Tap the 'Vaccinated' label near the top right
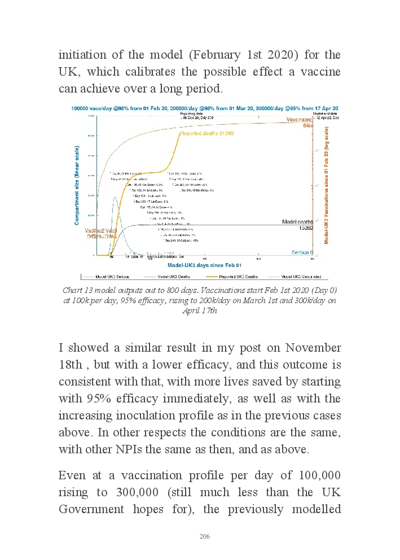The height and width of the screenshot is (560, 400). (x=299, y=120)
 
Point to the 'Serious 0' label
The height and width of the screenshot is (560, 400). (x=303, y=252)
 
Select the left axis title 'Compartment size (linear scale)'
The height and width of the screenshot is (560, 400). (x=77, y=185)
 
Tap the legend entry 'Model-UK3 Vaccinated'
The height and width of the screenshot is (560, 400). (x=301, y=277)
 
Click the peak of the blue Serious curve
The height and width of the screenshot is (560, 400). (x=115, y=196)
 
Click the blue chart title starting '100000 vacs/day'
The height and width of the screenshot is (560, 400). (x=205, y=108)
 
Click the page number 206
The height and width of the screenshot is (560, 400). (x=204, y=536)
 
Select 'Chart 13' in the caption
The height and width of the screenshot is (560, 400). (x=78, y=290)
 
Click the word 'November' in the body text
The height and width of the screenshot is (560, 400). (x=310, y=347)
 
